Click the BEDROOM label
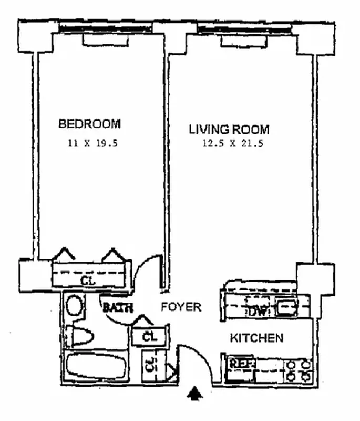(x=89, y=124)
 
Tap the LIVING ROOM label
(x=229, y=129)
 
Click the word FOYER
(x=181, y=307)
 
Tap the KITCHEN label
(x=257, y=338)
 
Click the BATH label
(x=117, y=308)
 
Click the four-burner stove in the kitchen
(x=298, y=370)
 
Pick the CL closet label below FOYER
(x=150, y=335)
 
